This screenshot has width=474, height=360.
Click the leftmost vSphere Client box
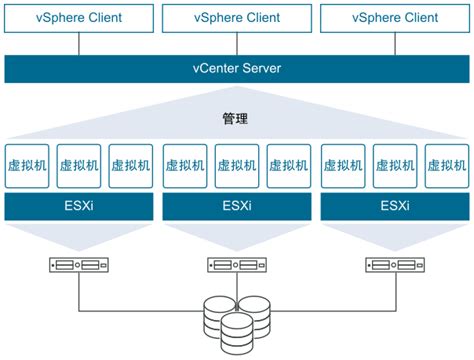tap(78, 17)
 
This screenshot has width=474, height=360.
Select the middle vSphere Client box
tap(236, 17)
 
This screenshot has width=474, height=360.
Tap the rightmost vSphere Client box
tap(394, 17)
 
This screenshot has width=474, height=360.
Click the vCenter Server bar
tap(236, 68)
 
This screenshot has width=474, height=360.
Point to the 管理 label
tap(236, 118)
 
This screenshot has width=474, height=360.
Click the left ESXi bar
tap(78, 206)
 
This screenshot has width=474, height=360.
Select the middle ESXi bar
tap(236, 206)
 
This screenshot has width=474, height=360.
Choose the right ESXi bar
tap(394, 206)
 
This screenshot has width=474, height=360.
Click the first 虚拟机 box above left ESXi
tap(27, 166)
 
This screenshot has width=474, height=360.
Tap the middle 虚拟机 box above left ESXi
tap(78, 166)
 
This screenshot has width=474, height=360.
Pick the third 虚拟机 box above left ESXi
tap(130, 166)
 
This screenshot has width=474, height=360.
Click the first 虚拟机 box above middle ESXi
tap(184, 166)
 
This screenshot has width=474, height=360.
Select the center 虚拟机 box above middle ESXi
tap(236, 166)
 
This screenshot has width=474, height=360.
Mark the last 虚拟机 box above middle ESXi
tap(288, 166)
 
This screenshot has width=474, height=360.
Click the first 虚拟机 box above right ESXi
tap(342, 166)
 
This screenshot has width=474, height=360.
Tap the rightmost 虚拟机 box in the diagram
tap(446, 166)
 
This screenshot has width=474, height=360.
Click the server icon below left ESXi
tap(78, 266)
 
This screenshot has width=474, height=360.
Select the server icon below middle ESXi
tap(236, 266)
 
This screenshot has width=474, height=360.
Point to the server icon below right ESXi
tap(394, 266)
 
